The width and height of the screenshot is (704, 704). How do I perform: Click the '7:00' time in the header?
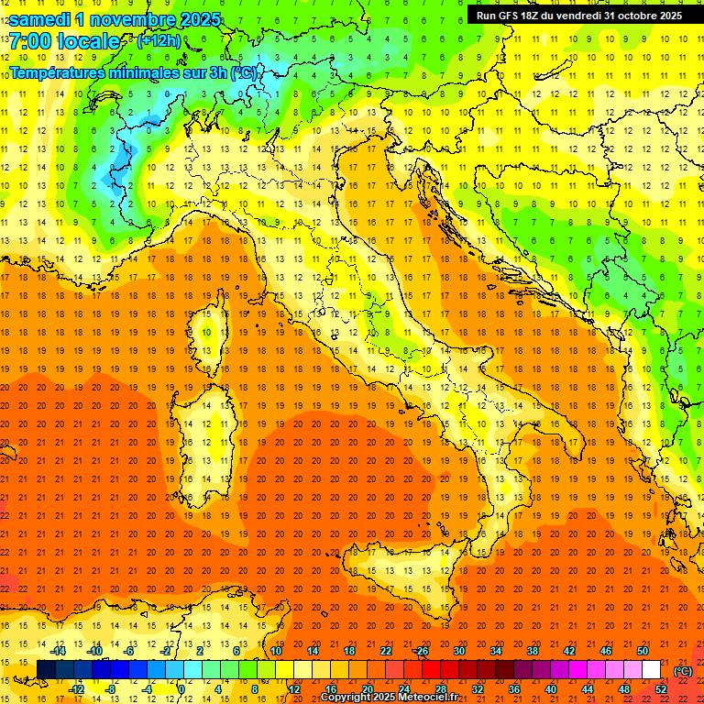(33, 41)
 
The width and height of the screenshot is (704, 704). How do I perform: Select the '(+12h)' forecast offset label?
(159, 41)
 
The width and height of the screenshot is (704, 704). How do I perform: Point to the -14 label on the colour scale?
(60, 651)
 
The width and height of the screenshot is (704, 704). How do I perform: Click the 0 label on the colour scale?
(181, 689)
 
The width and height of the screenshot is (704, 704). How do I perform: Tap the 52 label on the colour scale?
(660, 689)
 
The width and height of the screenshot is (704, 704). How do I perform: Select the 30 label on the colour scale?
(458, 651)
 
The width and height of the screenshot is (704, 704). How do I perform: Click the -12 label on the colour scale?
(77, 689)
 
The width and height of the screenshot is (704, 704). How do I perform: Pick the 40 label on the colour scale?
(550, 689)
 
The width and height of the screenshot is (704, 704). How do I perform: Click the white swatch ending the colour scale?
(651, 670)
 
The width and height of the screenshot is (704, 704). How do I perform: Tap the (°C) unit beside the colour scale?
(682, 671)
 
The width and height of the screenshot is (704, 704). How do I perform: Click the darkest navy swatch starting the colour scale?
(46, 670)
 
